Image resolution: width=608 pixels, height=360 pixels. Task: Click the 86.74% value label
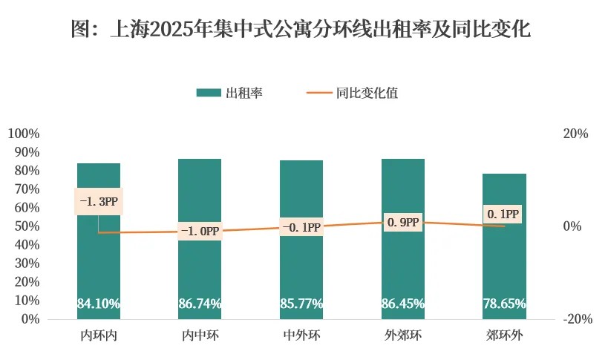pos(200,304)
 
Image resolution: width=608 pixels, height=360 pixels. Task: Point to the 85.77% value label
pos(301,304)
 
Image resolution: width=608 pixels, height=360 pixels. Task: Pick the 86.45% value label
pos(403,304)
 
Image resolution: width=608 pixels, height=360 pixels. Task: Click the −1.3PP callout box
pos(99,202)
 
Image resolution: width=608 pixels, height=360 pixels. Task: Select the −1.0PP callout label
pos(200,232)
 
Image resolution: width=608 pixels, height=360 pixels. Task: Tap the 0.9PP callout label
pos(403,222)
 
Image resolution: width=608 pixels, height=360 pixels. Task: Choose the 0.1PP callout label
pos(503,215)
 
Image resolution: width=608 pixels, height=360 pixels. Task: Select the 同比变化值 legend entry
pos(352,93)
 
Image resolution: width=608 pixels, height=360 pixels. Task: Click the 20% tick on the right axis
pos(576,134)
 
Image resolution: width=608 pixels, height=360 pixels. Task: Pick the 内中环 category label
pos(200,336)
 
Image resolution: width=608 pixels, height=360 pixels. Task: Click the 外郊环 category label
pos(403,336)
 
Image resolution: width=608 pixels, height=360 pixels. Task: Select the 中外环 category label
pos(301,336)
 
